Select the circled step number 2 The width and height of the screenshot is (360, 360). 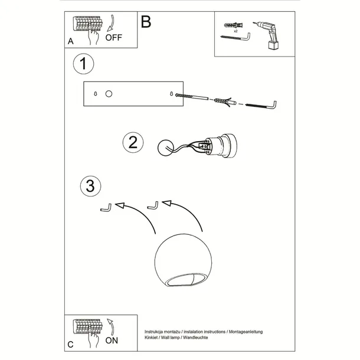(133, 142)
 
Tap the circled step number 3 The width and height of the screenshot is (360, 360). (89, 186)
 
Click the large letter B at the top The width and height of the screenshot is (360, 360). (146, 22)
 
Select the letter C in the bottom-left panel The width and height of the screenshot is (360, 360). (70, 343)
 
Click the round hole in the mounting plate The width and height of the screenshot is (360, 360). (108, 94)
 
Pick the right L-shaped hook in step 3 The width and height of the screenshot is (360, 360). (152, 206)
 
